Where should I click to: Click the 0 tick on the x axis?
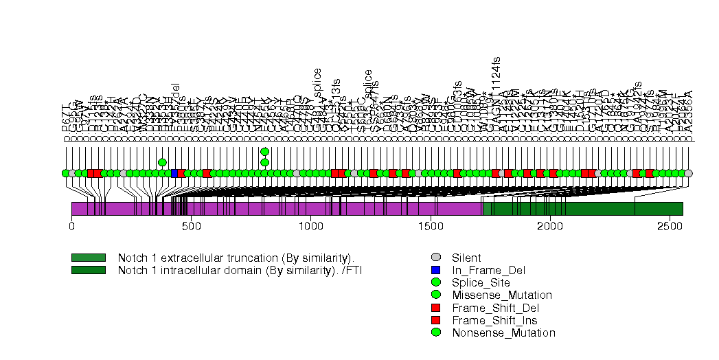[72, 225]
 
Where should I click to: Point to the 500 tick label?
[191, 225]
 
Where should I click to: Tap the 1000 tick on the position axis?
[310, 225]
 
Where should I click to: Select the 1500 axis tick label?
[430, 225]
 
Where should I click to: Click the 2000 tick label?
[549, 225]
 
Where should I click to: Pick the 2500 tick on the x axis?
[669, 225]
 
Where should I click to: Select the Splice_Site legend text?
[481, 282]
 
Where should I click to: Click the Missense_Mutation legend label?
[501, 295]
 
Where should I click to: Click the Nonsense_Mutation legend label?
[503, 333]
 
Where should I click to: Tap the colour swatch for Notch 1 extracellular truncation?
[89, 258]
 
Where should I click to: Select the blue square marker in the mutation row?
[174, 173]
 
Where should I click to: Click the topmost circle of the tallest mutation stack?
[265, 152]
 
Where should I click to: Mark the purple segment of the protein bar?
[275, 209]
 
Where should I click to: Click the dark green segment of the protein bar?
[584, 209]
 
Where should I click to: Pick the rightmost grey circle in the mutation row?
[688, 173]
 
